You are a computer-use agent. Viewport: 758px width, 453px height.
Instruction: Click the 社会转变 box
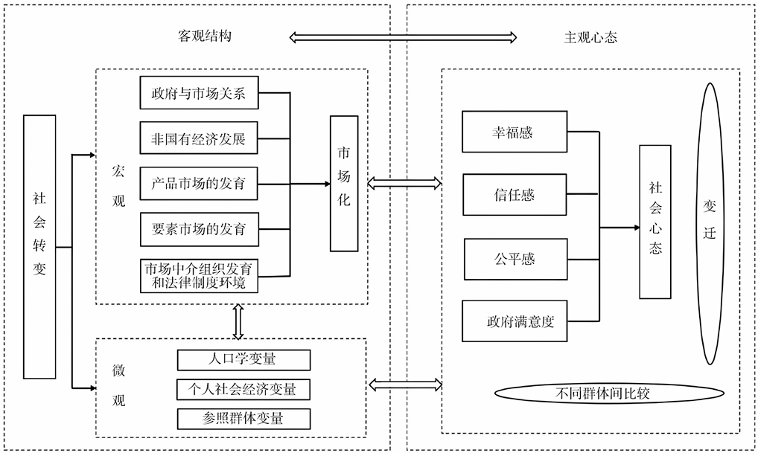(x=39, y=245)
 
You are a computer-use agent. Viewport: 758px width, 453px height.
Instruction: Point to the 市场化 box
(x=345, y=183)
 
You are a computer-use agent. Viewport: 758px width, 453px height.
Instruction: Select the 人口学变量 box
(x=243, y=360)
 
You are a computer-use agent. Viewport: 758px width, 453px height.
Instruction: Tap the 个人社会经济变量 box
(x=243, y=389)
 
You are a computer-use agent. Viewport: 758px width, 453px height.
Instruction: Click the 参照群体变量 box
(x=243, y=418)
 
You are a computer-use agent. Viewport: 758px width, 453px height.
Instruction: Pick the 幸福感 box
(x=515, y=132)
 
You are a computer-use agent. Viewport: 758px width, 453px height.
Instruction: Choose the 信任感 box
(x=515, y=195)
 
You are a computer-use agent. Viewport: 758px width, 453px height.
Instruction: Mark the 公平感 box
(x=515, y=259)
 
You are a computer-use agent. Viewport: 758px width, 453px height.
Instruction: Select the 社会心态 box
(x=655, y=222)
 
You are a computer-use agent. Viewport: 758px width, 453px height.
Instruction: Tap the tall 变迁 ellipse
(x=709, y=223)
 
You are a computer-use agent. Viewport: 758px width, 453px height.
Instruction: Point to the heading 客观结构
(x=200, y=36)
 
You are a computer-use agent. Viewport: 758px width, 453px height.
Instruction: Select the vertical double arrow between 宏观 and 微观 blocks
(x=239, y=321)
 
